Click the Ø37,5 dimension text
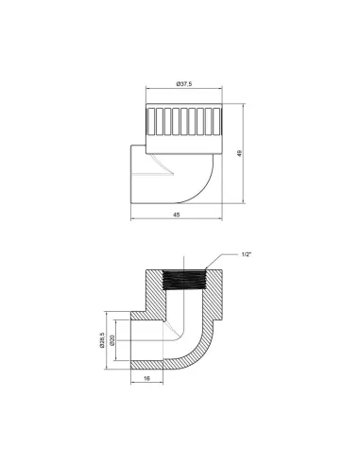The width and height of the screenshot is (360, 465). pos(185,85)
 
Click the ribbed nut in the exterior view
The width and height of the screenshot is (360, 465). pos(184,124)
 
